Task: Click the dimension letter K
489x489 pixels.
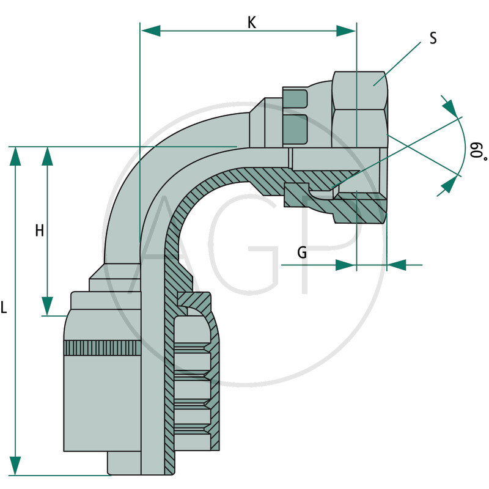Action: (252, 22)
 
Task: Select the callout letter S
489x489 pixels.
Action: (433, 39)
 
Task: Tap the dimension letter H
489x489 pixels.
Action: (40, 230)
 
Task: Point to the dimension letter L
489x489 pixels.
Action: (4, 309)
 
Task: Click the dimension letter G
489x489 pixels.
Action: (302, 252)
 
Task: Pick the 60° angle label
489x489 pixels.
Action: (476, 150)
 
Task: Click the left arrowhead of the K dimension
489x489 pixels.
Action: (150, 31)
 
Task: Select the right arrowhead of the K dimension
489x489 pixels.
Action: (346, 31)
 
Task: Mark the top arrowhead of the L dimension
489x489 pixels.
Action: (15, 156)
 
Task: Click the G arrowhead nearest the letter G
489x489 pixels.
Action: (345, 265)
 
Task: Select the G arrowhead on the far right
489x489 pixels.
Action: (397, 265)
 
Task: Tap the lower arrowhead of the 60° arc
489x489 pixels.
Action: (449, 182)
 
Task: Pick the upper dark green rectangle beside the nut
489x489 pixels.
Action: (296, 98)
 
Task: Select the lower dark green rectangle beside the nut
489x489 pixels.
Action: (296, 129)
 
